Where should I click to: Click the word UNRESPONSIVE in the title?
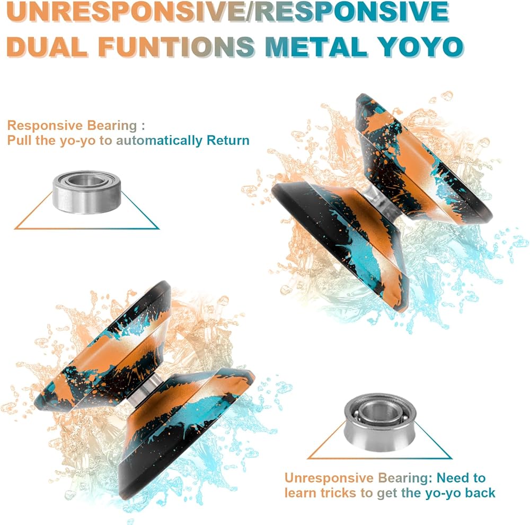click(126, 11)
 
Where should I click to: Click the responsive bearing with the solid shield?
click(87, 192)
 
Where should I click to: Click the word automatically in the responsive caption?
click(159, 140)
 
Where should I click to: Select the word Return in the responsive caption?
click(228, 140)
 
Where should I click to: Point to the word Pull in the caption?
click(19, 140)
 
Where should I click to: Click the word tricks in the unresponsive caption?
click(339, 493)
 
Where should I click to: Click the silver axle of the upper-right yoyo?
click(384, 202)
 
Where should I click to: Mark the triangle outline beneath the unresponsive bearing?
click(379, 458)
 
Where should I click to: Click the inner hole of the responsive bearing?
click(87, 180)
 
